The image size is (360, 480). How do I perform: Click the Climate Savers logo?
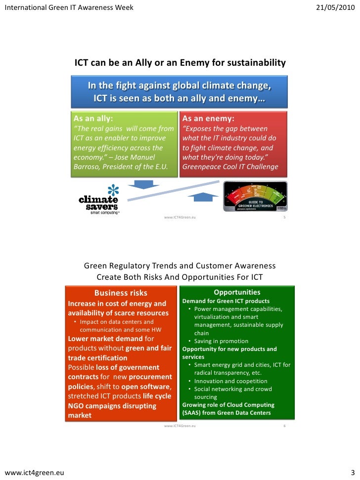point(99,199)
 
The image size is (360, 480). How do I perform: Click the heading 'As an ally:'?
point(93,119)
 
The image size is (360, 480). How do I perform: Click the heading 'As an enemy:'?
point(208,119)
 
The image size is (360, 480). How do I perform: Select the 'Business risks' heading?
point(121,293)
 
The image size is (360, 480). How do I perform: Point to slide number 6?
point(284,426)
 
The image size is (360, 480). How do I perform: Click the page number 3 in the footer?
point(353,472)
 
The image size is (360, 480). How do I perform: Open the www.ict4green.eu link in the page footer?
point(34,472)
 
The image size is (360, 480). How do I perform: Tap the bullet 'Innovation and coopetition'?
point(230,381)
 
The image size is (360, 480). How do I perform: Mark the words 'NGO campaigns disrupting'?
point(112,406)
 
